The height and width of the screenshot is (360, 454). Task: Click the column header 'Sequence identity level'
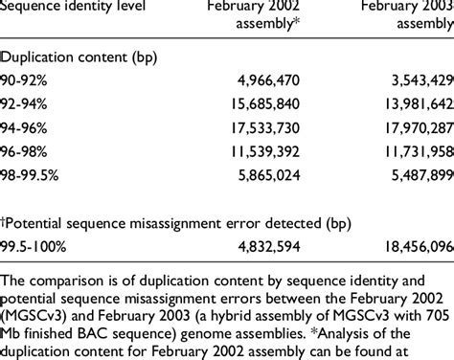click(x=75, y=9)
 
